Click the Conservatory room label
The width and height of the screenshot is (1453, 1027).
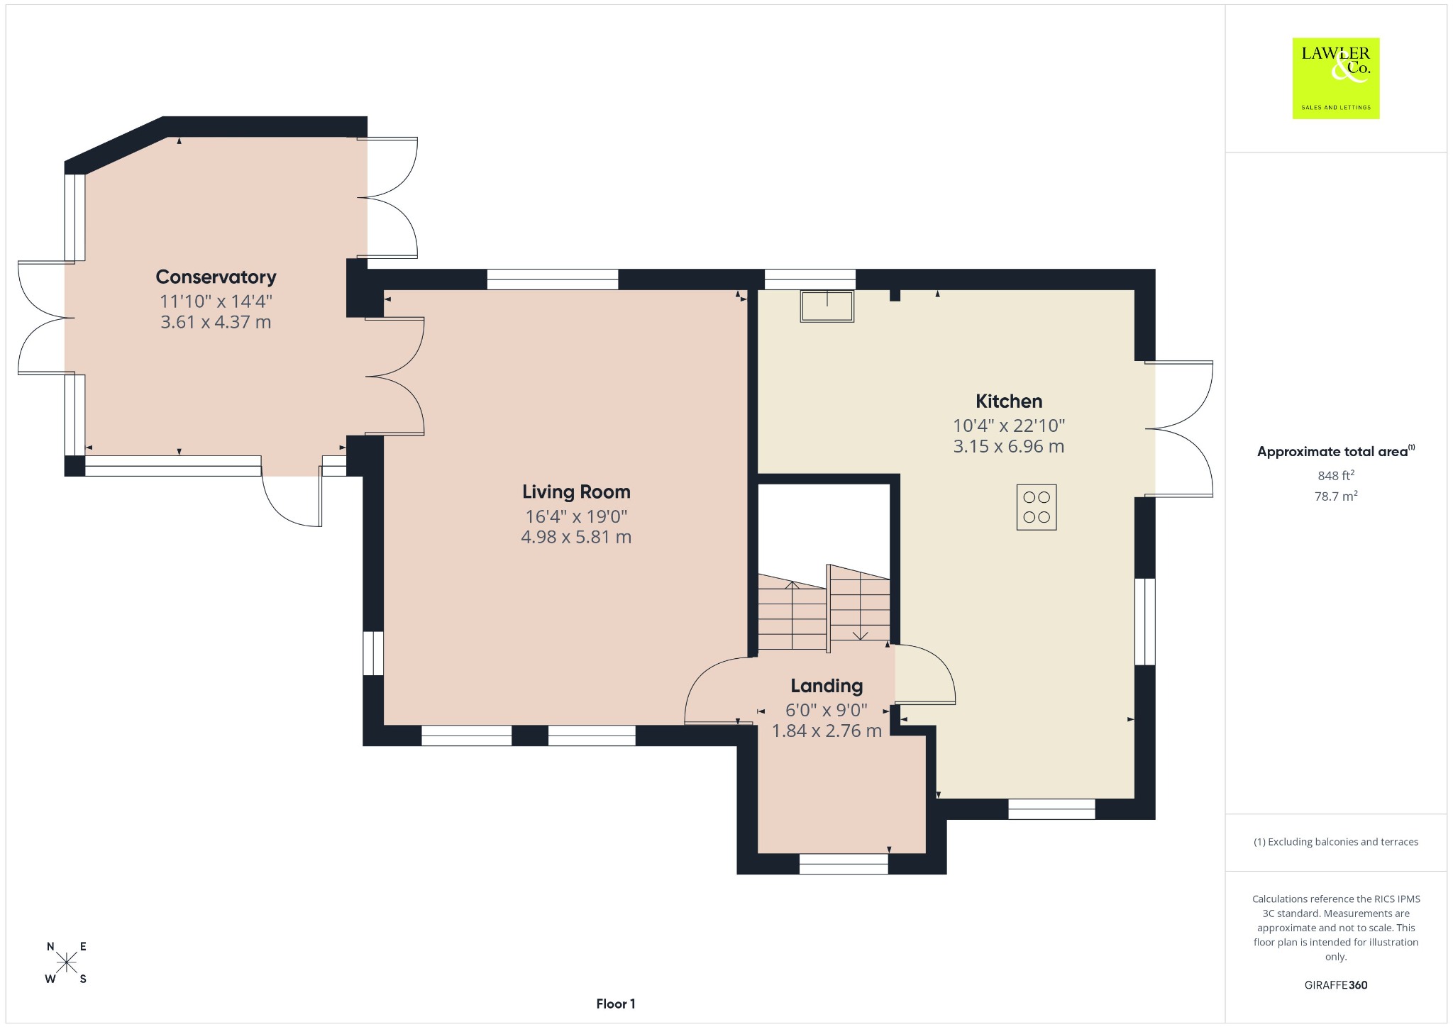(x=216, y=277)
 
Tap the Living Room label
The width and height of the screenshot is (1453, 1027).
(x=576, y=492)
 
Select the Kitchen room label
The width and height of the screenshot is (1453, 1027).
(x=1009, y=401)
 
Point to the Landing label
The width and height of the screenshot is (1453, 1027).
(x=827, y=686)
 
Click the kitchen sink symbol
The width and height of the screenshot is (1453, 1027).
(x=827, y=306)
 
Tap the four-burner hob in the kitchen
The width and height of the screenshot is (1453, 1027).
(x=1037, y=507)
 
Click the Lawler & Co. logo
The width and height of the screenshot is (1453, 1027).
(x=1336, y=78)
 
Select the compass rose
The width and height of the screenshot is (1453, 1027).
(x=67, y=962)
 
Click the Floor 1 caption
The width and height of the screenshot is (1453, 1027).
(x=616, y=1004)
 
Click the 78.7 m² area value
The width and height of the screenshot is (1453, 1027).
(x=1336, y=496)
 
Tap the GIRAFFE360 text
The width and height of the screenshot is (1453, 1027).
(x=1336, y=984)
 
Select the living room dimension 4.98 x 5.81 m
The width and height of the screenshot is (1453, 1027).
(x=576, y=537)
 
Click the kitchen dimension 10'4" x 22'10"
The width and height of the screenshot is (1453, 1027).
(x=1009, y=426)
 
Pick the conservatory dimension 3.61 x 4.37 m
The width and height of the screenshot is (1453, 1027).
(x=216, y=322)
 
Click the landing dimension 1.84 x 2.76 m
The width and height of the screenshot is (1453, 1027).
(x=827, y=731)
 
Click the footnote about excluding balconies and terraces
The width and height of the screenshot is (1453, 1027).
(x=1336, y=842)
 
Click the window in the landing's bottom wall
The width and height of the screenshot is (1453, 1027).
(x=844, y=864)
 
